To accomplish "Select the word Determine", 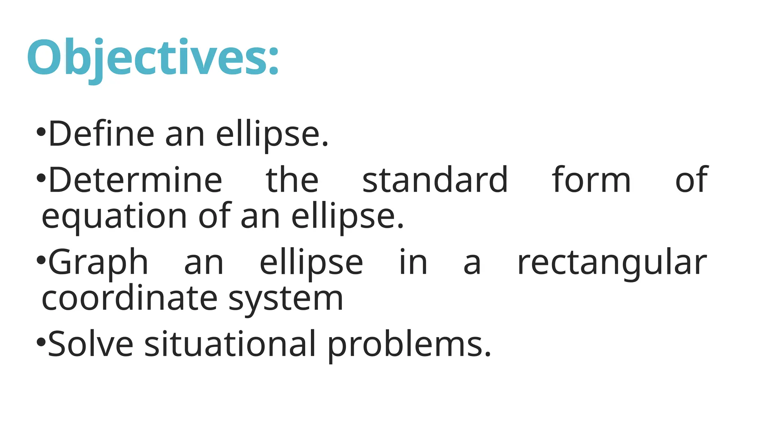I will pyautogui.click(x=135, y=180).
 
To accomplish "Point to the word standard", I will pyautogui.click(x=435, y=180).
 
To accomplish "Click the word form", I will pyautogui.click(x=591, y=180).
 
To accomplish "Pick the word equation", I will pyautogui.click(x=114, y=217).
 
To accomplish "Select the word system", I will pyautogui.click(x=285, y=299).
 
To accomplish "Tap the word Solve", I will pyautogui.click(x=90, y=344).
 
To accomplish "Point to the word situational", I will pyautogui.click(x=230, y=344).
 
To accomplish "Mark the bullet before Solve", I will pyautogui.click(x=41, y=342).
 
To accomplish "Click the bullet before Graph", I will pyautogui.click(x=41, y=260).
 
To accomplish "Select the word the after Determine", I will pyautogui.click(x=292, y=180).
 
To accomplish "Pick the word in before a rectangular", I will pyautogui.click(x=413, y=262).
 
